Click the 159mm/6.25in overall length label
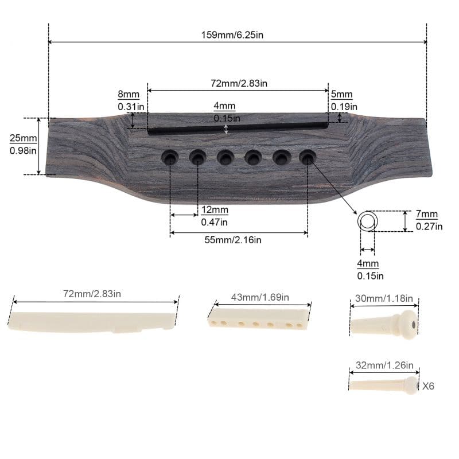[232, 35]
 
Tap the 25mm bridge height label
[23, 138]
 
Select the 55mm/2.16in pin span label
[233, 240]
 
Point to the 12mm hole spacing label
[215, 209]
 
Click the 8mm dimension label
[129, 94]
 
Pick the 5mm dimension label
[341, 94]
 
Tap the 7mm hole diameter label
[427, 214]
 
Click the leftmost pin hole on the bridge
[170, 157]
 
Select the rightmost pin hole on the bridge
[308, 157]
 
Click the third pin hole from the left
[225, 157]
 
